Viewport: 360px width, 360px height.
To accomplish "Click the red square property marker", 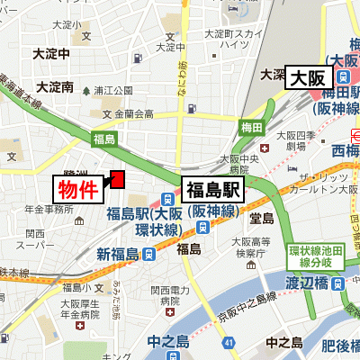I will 116,180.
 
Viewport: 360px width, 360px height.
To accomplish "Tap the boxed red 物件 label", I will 77,190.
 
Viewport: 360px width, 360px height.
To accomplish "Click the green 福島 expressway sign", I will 104,139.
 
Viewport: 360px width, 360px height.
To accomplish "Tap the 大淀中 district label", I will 51,53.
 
